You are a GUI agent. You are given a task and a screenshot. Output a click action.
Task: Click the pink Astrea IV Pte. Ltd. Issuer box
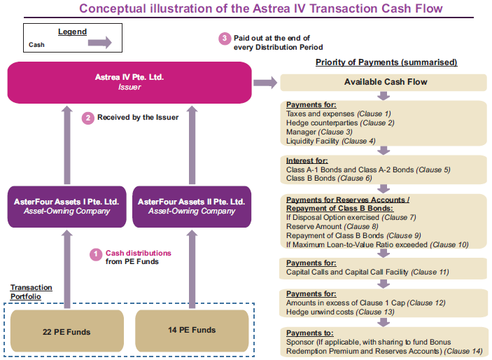tap(129, 83)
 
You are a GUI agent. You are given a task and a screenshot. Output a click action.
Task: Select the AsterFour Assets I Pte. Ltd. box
tap(66, 207)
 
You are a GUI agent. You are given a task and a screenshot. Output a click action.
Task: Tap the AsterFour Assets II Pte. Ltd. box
tap(192, 207)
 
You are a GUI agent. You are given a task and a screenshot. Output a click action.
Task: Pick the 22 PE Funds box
tap(66, 331)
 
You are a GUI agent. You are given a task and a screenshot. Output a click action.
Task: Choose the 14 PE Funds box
tap(192, 331)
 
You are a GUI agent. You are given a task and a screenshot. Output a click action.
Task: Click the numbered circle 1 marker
tap(96, 254)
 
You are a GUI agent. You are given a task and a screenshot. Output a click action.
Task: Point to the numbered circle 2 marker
tap(88, 118)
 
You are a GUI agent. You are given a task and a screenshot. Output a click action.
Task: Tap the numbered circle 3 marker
tap(225, 39)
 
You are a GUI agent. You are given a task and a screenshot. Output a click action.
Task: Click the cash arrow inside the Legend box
tap(100, 43)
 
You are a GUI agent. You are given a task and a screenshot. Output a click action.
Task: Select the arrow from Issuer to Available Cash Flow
tap(265, 83)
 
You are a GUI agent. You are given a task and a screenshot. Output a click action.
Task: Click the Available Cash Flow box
tap(384, 83)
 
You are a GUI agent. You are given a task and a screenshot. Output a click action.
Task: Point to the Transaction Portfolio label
tap(31, 292)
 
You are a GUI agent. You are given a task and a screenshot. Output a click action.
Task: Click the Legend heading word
tap(72, 32)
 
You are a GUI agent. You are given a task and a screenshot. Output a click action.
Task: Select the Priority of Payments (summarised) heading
tap(386, 62)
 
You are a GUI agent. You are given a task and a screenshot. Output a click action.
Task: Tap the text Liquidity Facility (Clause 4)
tap(331, 141)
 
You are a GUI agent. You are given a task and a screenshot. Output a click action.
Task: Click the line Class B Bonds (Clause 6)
tap(329, 178)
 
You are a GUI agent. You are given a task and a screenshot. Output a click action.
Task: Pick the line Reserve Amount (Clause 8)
tap(332, 226)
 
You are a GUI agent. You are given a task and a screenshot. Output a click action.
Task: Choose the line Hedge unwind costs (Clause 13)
tap(340, 312)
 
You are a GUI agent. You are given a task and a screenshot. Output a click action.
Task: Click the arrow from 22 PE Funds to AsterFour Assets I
tap(66, 269)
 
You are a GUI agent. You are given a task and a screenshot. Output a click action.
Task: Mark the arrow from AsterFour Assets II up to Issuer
tap(192, 145)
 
